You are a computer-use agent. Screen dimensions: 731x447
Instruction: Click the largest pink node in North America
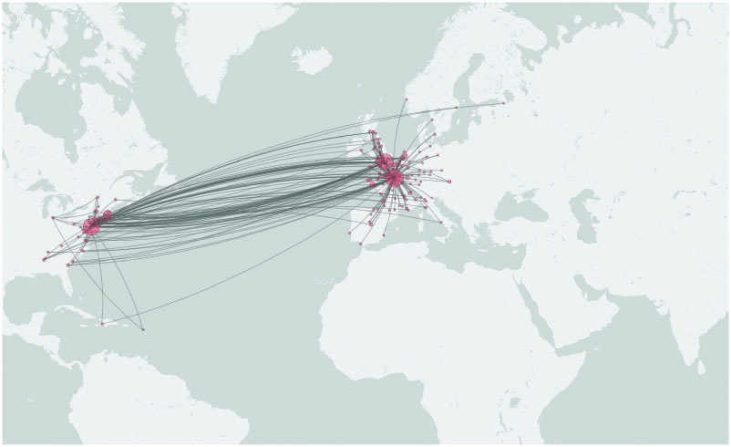pyautogui.click(x=91, y=225)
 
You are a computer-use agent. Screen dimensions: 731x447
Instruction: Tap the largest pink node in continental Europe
pyautogui.click(x=395, y=179)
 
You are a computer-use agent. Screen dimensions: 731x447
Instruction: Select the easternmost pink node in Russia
pyautogui.click(x=503, y=103)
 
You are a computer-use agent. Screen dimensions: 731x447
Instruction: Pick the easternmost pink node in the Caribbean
pyautogui.click(x=143, y=328)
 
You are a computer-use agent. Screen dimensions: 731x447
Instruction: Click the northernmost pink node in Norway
pyautogui.click(x=406, y=99)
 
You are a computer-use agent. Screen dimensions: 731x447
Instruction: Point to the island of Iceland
pyautogui.click(x=311, y=60)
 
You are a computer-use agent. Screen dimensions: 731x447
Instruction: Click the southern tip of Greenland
pyautogui.click(x=211, y=98)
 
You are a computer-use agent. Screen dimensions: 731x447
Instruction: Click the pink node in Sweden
pyautogui.click(x=456, y=109)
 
